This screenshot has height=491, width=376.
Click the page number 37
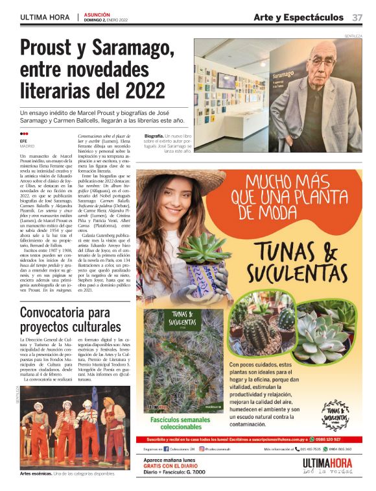pyautogui.click(x=357, y=17)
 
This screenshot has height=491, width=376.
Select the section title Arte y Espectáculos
pyautogui.click(x=298, y=17)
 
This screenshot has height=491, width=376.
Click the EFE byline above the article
pyautogui.click(x=23, y=140)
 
